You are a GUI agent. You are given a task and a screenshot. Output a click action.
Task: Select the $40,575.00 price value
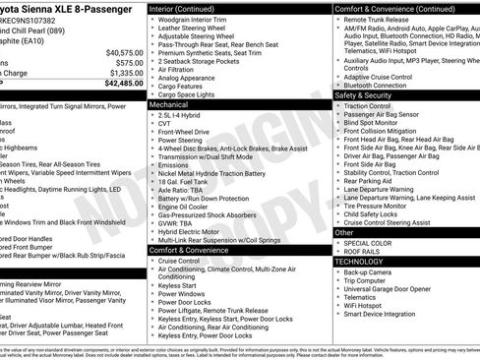[x=125, y=51]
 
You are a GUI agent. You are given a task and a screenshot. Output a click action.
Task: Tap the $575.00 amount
[x=129, y=62]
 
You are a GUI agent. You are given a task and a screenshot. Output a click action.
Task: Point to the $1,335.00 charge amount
[x=126, y=73]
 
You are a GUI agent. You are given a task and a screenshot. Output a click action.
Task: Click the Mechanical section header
[x=169, y=103]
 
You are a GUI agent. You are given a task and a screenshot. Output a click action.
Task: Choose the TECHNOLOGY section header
[x=358, y=262]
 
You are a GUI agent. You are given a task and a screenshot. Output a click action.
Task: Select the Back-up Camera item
[x=375, y=272]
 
